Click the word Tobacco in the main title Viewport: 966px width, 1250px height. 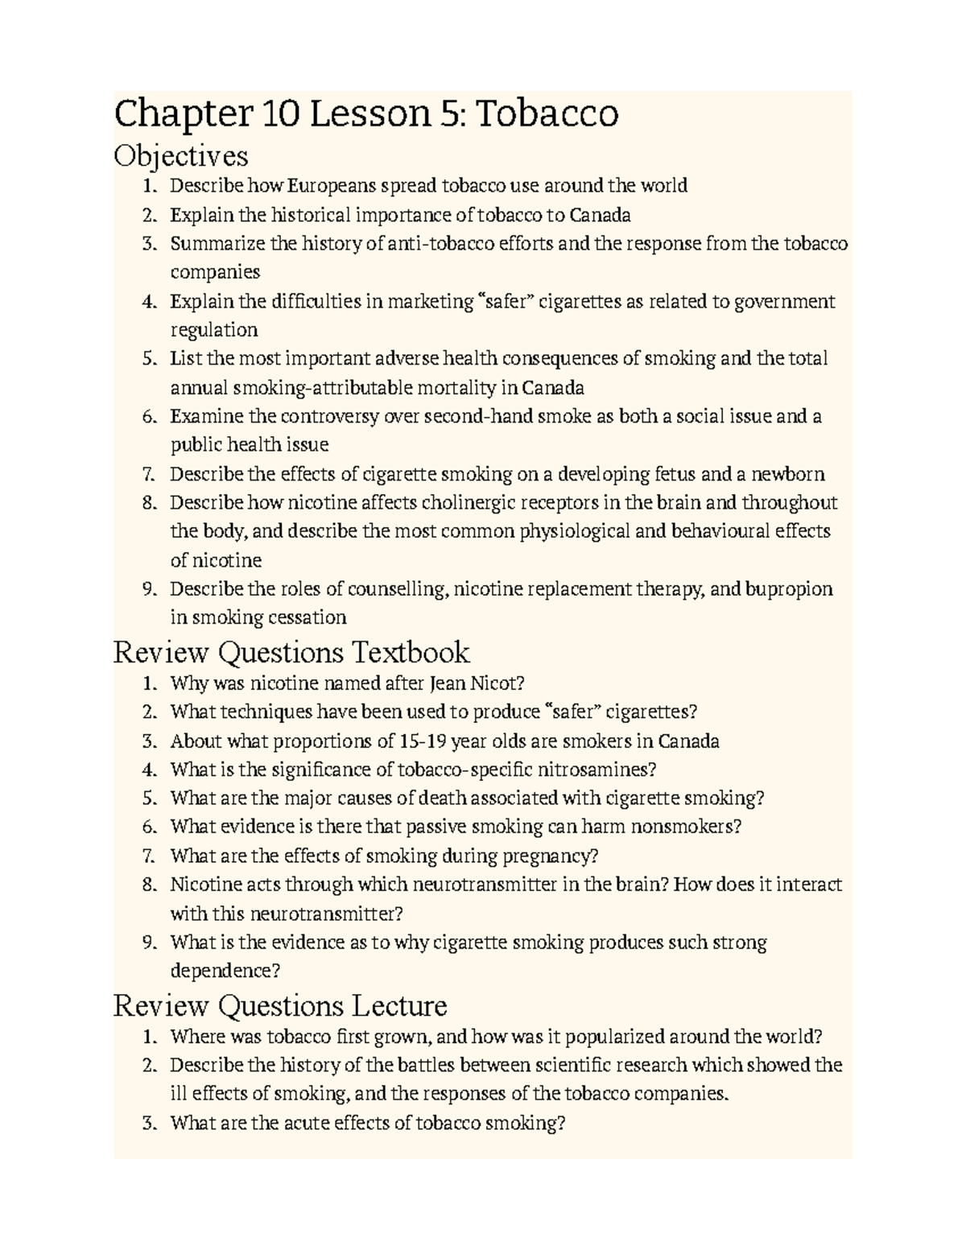coord(547,113)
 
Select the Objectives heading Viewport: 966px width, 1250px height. coord(180,155)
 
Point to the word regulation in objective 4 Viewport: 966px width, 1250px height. coord(214,330)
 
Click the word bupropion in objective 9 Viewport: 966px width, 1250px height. coord(789,589)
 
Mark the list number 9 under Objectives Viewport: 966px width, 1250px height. coord(147,589)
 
